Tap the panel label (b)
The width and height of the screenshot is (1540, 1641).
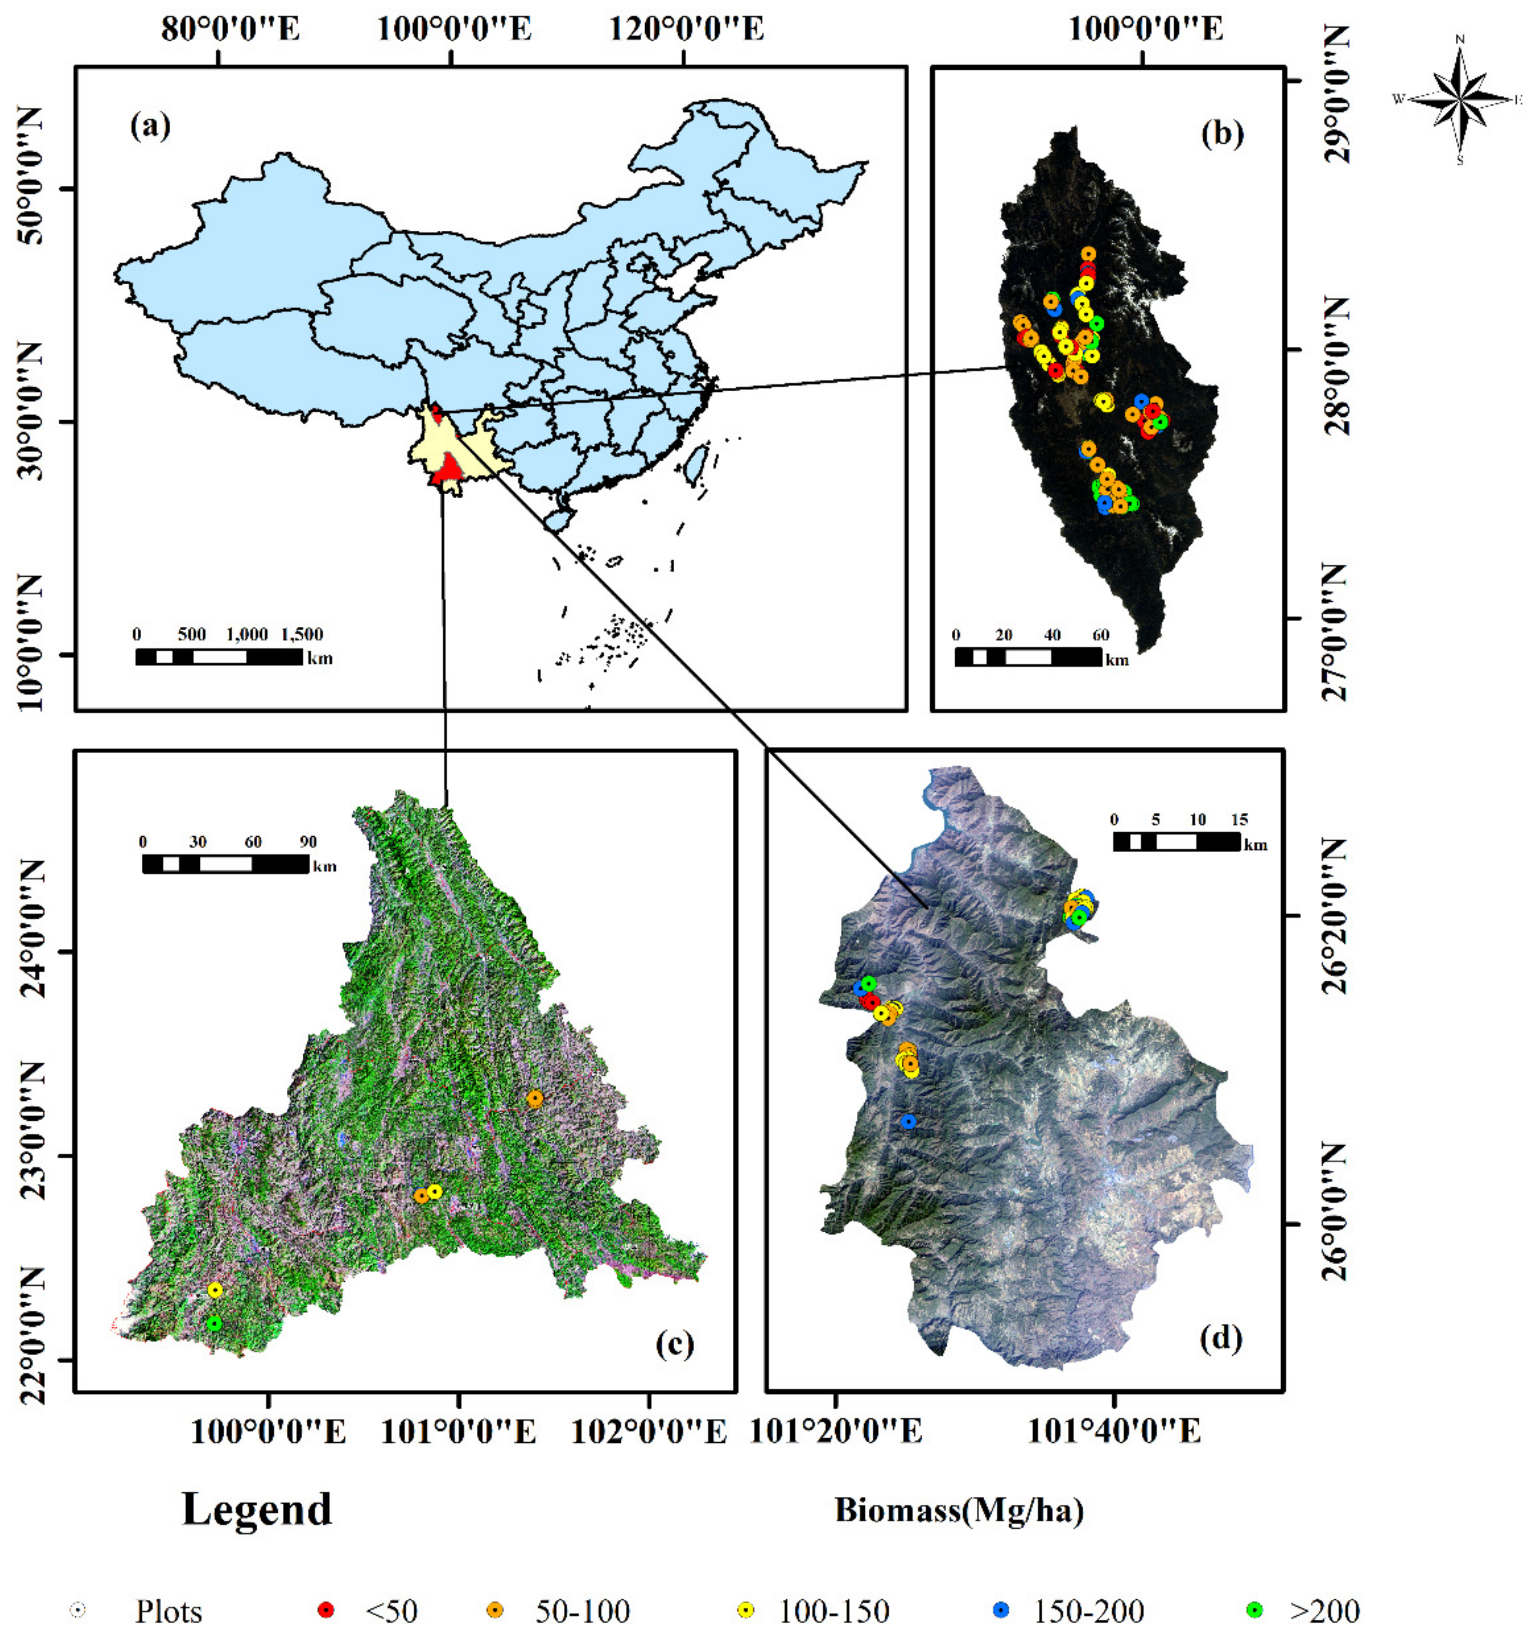1221,133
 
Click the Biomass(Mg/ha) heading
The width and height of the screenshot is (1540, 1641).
959,1510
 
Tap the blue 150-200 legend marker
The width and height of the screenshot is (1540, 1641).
1001,1610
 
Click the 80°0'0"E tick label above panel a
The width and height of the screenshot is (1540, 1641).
230,30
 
